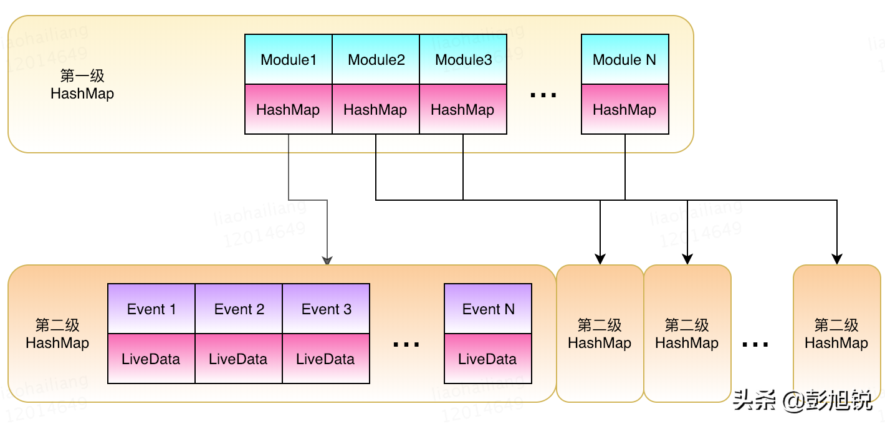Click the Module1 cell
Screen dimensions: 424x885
pyautogui.click(x=289, y=60)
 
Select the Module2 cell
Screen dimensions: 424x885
pyautogui.click(x=376, y=60)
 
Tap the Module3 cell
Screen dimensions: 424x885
pyautogui.click(x=463, y=60)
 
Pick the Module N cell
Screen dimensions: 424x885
pyautogui.click(x=624, y=60)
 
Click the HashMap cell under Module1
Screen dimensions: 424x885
pyautogui.click(x=289, y=110)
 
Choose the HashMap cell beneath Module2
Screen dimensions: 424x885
pyautogui.click(x=376, y=110)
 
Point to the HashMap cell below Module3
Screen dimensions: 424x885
pyautogui.click(x=463, y=110)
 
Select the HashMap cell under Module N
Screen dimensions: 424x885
pyautogui.click(x=624, y=110)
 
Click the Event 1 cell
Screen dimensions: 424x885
pyautogui.click(x=151, y=309)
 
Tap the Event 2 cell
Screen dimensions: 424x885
pyautogui.click(x=239, y=309)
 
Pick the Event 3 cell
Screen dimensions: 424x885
pyautogui.click(x=326, y=309)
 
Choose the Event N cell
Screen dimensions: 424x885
pyautogui.click(x=488, y=309)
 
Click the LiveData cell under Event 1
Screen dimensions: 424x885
pyautogui.click(x=151, y=359)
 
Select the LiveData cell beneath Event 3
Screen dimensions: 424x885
pyautogui.click(x=326, y=359)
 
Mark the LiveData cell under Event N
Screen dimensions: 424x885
pyautogui.click(x=488, y=359)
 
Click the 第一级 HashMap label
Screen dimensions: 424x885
pyautogui.click(x=82, y=85)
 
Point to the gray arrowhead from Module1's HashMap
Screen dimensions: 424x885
pyautogui.click(x=327, y=260)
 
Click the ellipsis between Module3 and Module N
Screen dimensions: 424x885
pyautogui.click(x=543, y=95)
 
